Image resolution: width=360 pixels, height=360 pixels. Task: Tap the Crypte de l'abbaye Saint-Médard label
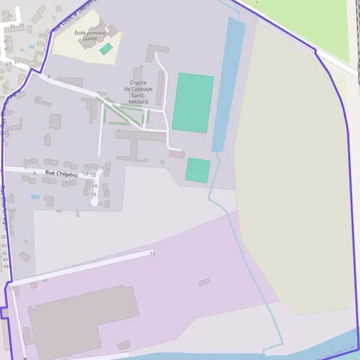tap(138, 92)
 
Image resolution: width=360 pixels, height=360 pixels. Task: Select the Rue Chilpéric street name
tap(62, 173)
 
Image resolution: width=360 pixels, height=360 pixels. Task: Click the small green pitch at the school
tap(106, 49)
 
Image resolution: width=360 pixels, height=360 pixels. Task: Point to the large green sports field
tap(193, 102)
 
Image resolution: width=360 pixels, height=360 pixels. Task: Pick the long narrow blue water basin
tap(228, 84)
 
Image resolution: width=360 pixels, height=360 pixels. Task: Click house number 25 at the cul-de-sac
tap(100, 203)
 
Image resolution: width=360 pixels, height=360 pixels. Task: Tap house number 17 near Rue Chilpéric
tap(101, 169)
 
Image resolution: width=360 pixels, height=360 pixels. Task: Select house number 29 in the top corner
tap(10, 16)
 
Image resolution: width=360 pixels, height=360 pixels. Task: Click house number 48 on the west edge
tap(6, 266)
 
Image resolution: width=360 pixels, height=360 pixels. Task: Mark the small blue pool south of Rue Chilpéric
tap(35, 197)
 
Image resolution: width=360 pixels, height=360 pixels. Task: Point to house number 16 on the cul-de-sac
tap(94, 194)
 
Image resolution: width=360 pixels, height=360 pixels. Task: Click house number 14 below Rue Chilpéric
tap(94, 186)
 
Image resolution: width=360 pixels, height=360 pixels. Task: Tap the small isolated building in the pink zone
tap(205, 282)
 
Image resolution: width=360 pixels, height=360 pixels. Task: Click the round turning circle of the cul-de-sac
tap(94, 203)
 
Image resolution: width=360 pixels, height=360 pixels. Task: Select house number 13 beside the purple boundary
tap(11, 288)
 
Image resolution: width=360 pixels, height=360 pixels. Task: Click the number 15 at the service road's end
tap(152, 254)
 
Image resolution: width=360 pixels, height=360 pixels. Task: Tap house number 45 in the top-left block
tap(7, 49)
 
